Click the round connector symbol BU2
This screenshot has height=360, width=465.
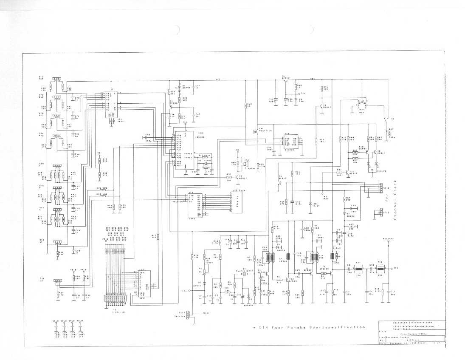(361, 104)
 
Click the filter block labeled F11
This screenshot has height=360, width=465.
(358, 269)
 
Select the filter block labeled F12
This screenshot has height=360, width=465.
(380, 269)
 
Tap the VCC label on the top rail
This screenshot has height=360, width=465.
(217, 79)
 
